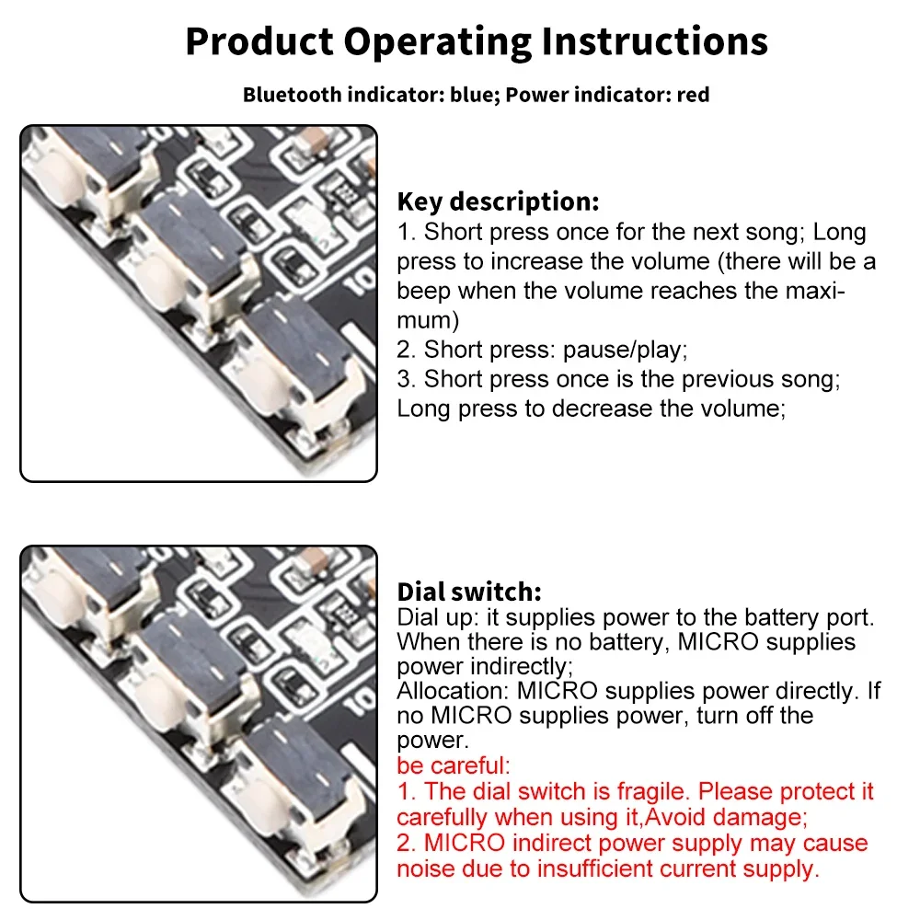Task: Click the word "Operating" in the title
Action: [438, 42]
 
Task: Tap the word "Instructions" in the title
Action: [654, 41]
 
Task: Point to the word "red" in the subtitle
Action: [693, 95]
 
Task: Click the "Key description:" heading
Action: [498, 201]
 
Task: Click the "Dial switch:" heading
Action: [469, 592]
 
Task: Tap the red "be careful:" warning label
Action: [454, 765]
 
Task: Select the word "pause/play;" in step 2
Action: [625, 351]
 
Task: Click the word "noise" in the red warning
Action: [425, 869]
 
